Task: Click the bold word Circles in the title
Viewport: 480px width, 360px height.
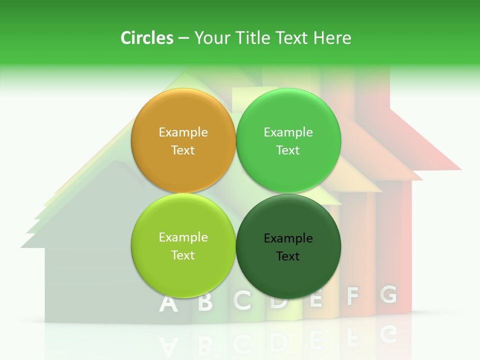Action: pos(147,38)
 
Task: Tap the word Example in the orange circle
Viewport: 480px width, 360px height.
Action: pos(183,132)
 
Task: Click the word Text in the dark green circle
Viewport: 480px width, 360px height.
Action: pos(288,256)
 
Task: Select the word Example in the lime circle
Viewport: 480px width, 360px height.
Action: pos(183,237)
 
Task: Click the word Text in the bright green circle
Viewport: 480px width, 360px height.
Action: pos(288,150)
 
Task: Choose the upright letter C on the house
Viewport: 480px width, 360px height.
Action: pos(242,300)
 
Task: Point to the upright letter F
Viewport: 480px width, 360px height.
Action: pos(353,296)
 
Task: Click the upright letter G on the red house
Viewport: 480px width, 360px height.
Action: pos(388,294)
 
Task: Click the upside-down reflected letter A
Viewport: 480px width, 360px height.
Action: pos(168,345)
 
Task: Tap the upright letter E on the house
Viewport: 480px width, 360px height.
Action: pos(316,298)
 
